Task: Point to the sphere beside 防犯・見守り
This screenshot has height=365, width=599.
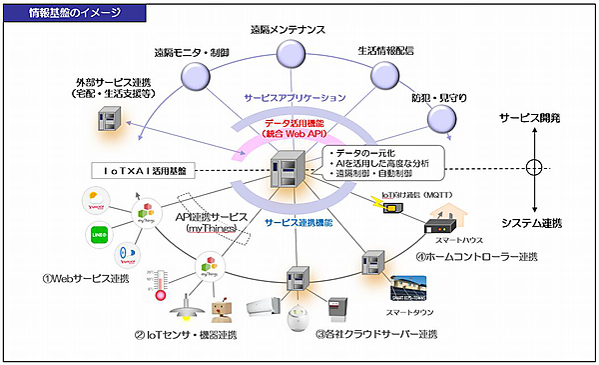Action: [x=440, y=118]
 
